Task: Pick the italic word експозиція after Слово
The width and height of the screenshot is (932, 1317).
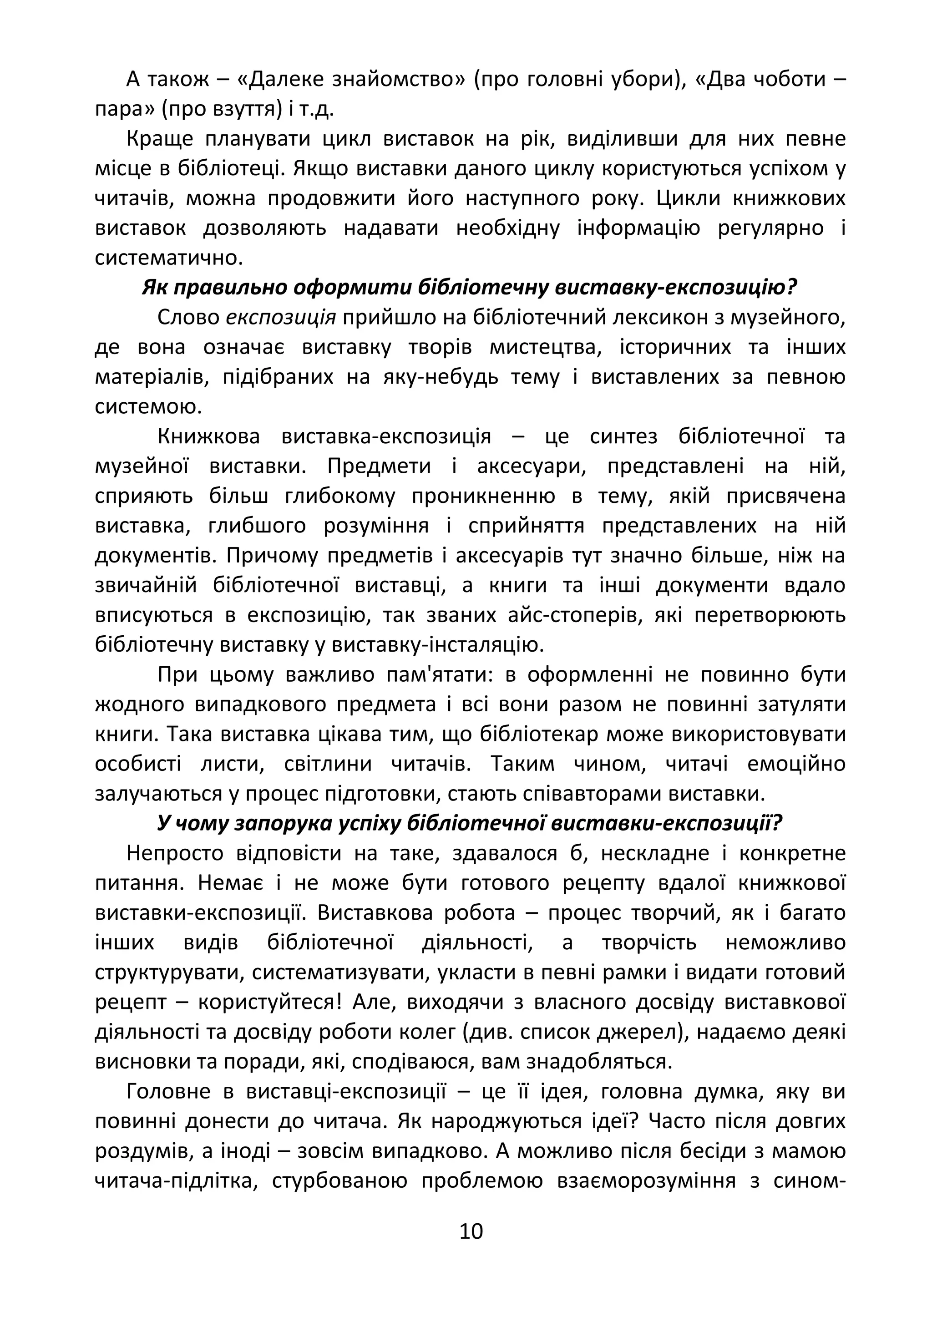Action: pyautogui.click(x=281, y=317)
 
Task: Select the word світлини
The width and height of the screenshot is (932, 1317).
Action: pyautogui.click(x=328, y=764)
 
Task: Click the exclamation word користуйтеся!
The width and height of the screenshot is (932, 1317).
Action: pyautogui.click(x=270, y=1002)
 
